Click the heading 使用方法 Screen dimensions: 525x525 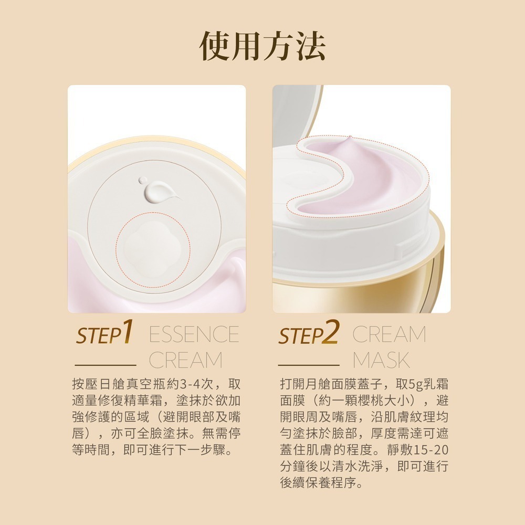point(262,46)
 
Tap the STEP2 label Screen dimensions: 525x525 point(309,334)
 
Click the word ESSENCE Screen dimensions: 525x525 point(194,334)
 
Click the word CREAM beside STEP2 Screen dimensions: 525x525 point(389,334)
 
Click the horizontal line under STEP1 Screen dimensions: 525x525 point(106,364)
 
